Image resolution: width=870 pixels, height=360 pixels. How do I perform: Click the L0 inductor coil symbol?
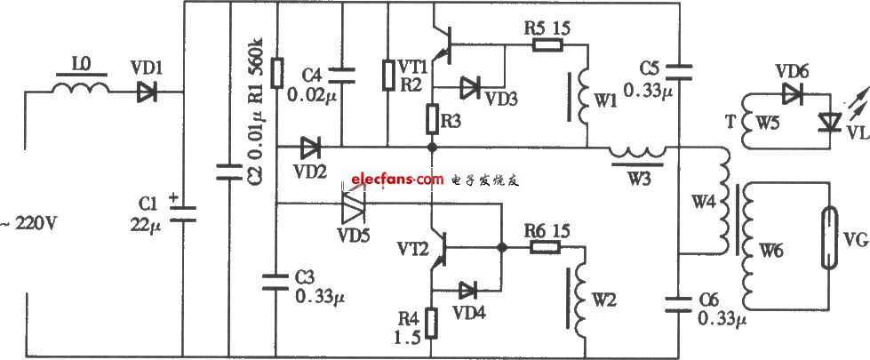[x=81, y=89]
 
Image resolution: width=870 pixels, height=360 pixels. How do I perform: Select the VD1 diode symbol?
[x=147, y=92]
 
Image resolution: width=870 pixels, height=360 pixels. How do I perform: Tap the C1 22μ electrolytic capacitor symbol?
[x=183, y=213]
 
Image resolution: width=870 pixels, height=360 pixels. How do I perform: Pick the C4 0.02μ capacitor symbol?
[x=342, y=76]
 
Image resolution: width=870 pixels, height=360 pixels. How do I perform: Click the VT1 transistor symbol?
[x=443, y=44]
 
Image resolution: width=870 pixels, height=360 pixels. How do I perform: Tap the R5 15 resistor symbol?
[x=548, y=46]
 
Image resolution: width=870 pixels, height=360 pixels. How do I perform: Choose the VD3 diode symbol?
[x=471, y=87]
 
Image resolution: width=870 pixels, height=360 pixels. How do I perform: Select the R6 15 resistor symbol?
[x=546, y=247]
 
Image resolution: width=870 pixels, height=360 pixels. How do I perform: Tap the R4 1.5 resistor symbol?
[x=431, y=324]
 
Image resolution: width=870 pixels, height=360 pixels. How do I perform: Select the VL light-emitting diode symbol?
[x=830, y=123]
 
